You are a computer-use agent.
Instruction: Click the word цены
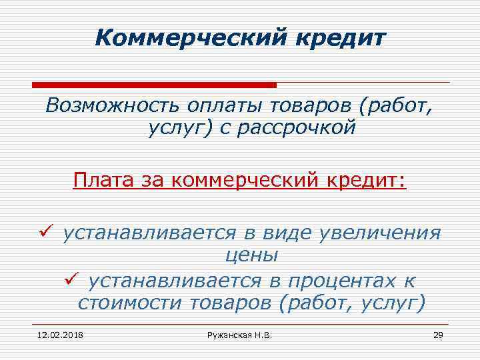click(251, 256)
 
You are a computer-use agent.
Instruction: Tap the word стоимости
click(133, 303)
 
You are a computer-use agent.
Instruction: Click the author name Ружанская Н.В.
click(240, 333)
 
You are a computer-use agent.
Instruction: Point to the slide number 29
click(438, 333)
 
